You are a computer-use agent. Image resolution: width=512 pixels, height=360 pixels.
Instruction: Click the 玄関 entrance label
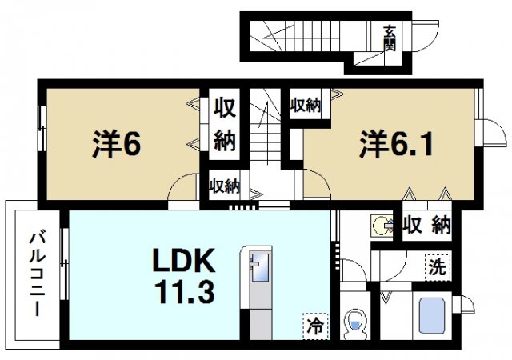(389, 38)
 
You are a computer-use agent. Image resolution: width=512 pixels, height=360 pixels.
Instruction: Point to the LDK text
(184, 262)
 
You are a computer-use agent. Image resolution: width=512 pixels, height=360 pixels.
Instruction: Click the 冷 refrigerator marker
(315, 326)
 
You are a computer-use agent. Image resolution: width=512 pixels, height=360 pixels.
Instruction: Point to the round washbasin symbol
(382, 226)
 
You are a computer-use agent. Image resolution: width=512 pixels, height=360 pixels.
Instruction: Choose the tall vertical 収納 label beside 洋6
(225, 126)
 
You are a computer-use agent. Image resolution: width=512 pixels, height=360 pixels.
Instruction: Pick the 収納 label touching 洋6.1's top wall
(306, 104)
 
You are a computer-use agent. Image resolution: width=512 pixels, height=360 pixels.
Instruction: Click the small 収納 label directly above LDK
(225, 187)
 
